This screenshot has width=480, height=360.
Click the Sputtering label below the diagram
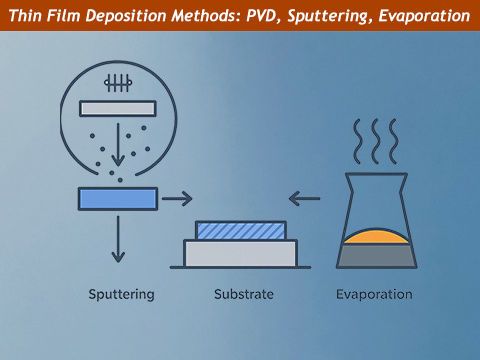120,295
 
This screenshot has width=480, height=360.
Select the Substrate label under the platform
243,295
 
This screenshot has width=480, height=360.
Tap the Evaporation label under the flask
374,295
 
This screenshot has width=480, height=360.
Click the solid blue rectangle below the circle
118,198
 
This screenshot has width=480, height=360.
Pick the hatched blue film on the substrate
240,230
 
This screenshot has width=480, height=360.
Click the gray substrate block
240,254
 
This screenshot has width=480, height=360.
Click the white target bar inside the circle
117,108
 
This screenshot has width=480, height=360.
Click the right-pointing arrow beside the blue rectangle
176,199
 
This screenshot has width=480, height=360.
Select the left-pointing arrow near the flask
305,199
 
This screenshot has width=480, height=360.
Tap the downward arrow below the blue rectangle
118,240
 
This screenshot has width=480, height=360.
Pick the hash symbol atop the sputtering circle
118,83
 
